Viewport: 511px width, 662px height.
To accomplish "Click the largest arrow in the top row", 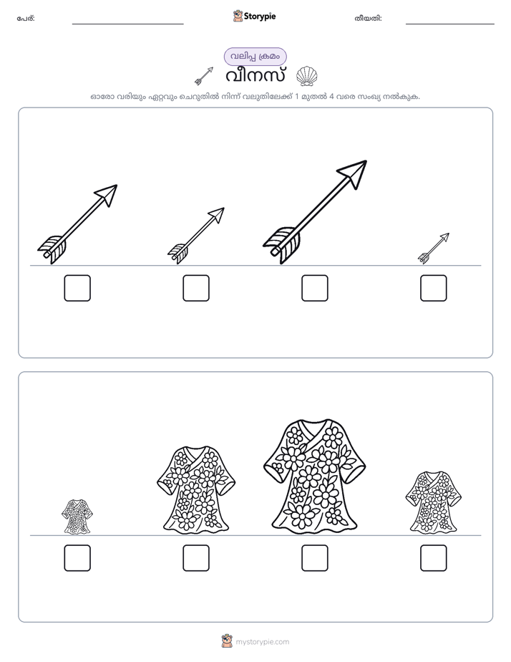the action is click(x=315, y=212).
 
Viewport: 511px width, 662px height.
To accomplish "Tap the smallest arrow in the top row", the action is click(x=434, y=248).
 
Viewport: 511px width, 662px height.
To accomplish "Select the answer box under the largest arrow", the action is click(x=314, y=288).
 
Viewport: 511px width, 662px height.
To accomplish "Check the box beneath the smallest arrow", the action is click(x=434, y=288).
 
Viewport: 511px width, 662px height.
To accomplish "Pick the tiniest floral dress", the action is click(x=77, y=516).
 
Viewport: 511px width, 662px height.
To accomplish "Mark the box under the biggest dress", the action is click(x=314, y=557).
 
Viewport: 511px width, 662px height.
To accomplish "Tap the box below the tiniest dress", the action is click(x=77, y=557).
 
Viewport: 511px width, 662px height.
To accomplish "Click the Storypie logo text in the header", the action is click(x=260, y=16).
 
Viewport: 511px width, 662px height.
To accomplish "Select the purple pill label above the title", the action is click(x=255, y=57).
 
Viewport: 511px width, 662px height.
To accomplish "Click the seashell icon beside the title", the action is click(x=306, y=76).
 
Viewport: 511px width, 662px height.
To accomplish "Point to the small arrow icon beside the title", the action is click(x=204, y=75).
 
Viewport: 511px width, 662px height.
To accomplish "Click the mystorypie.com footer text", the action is click(x=262, y=642).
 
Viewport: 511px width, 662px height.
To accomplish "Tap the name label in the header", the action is click(x=26, y=18).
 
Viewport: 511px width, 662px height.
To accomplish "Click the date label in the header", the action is click(x=368, y=18).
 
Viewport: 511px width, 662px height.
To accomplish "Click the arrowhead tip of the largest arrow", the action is click(x=366, y=161).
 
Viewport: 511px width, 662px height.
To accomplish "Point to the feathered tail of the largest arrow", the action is click(x=282, y=245).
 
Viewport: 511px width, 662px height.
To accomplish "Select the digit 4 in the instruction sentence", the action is click(x=331, y=96).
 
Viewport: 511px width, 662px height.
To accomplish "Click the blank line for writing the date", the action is click(x=450, y=24).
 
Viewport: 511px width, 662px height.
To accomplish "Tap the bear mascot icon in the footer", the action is click(x=227, y=641).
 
